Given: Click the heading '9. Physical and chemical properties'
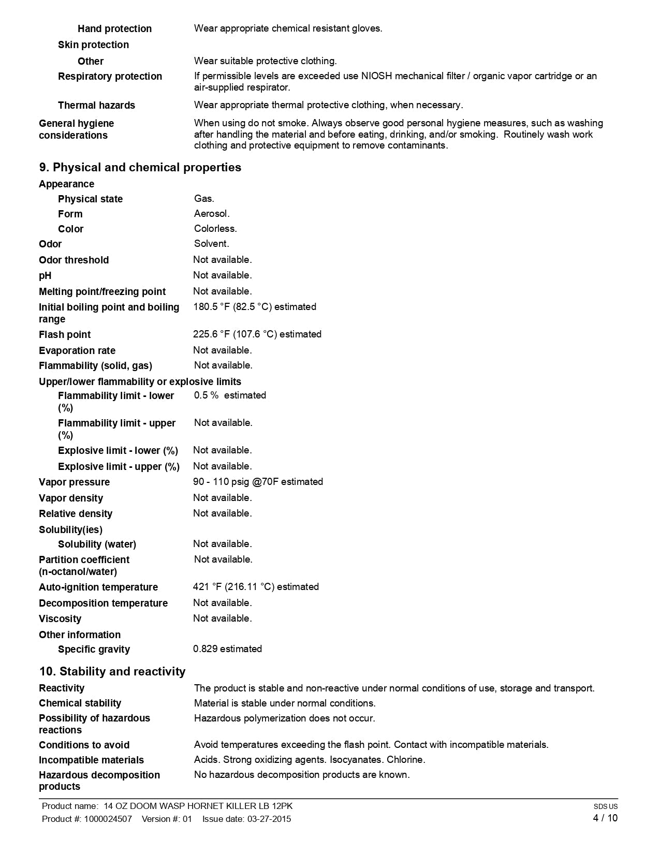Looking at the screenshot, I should [x=140, y=168].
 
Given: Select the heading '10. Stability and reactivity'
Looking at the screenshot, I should [x=112, y=672].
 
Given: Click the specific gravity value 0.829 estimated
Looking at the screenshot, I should [x=227, y=649].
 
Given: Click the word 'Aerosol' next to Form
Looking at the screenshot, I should [x=211, y=214].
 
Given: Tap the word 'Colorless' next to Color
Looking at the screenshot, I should [x=215, y=229].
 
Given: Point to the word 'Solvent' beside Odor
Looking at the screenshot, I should [x=211, y=244].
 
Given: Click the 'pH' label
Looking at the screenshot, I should [x=45, y=276].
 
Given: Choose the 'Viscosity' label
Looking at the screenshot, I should [x=60, y=619].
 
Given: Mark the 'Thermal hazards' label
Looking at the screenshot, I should [x=96, y=106].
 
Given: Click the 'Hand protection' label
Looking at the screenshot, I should [x=114, y=29].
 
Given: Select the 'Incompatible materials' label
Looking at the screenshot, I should [x=91, y=760].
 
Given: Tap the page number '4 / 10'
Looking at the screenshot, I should [x=605, y=818].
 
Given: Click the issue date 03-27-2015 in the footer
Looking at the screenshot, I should [x=269, y=819].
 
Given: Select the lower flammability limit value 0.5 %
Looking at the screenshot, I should [x=206, y=395].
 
